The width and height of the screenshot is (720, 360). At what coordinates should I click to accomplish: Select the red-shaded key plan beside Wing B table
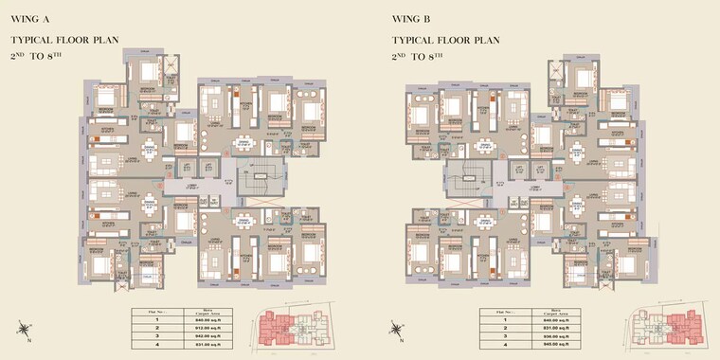point(663,326)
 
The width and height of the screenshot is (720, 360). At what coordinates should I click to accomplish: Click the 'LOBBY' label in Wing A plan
point(192,186)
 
